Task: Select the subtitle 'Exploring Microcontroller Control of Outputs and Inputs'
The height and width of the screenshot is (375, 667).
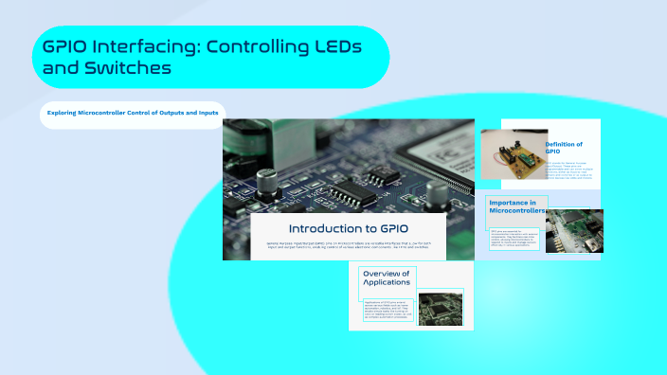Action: pos(134,114)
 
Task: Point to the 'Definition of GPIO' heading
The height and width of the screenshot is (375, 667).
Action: pos(564,148)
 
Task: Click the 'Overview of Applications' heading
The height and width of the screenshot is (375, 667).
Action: pos(386,279)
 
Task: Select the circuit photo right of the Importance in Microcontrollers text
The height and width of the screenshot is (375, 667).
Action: pos(571,231)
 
